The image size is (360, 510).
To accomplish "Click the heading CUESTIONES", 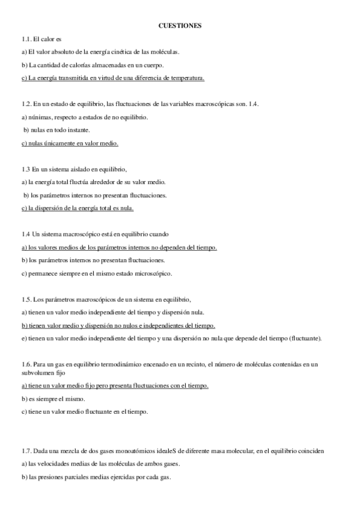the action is pyautogui.click(x=180, y=26).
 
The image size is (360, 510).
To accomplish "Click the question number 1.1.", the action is pyautogui.click(x=27, y=39).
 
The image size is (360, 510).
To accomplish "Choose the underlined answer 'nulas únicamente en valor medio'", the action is pyautogui.click(x=70, y=143).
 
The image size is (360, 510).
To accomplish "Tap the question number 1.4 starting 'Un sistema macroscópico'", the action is pyautogui.click(x=26, y=234).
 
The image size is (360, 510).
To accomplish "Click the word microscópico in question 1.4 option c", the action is pyautogui.click(x=153, y=273).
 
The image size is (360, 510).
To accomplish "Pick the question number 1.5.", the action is pyautogui.click(x=27, y=299).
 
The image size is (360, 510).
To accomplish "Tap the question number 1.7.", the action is pyautogui.click(x=27, y=451).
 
